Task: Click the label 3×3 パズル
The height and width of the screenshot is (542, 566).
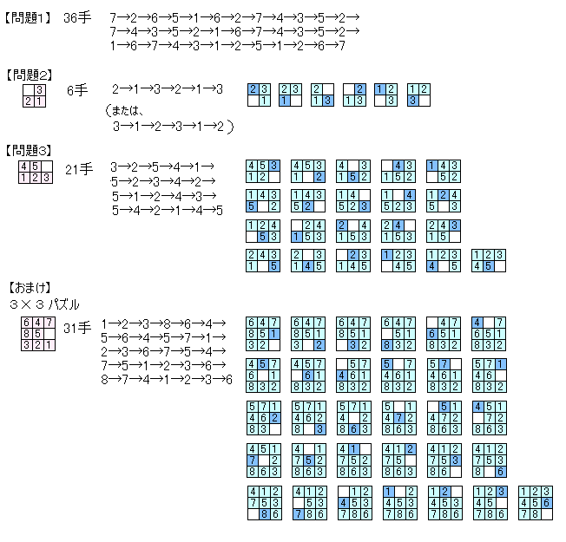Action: [44, 304]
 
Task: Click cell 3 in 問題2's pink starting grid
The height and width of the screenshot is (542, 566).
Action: [39, 90]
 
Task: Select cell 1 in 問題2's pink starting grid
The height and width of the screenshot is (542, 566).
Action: [39, 101]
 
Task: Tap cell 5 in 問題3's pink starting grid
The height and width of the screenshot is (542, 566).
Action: [36, 166]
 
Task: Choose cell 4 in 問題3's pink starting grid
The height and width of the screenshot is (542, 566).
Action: [25, 166]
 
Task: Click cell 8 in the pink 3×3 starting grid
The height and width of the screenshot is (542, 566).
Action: [25, 333]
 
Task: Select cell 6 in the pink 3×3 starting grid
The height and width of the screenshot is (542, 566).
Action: [25, 323]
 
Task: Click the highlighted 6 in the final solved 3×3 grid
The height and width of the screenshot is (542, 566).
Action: [546, 502]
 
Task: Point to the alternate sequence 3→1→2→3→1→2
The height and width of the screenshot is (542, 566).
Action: [174, 127]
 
